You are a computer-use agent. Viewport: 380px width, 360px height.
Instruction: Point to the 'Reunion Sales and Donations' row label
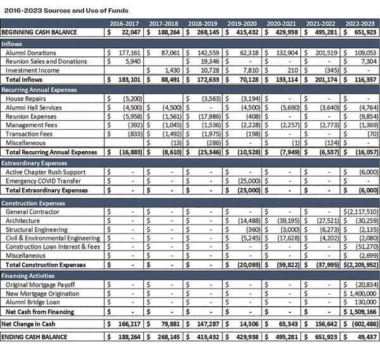46,61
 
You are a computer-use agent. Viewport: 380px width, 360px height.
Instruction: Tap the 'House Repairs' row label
26,99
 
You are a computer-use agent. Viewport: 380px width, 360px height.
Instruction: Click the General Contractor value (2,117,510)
362,211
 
